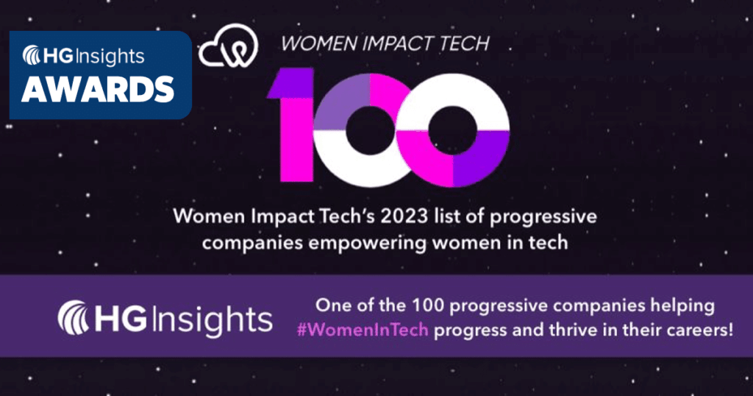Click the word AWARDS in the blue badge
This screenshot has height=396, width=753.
click(x=97, y=88)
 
